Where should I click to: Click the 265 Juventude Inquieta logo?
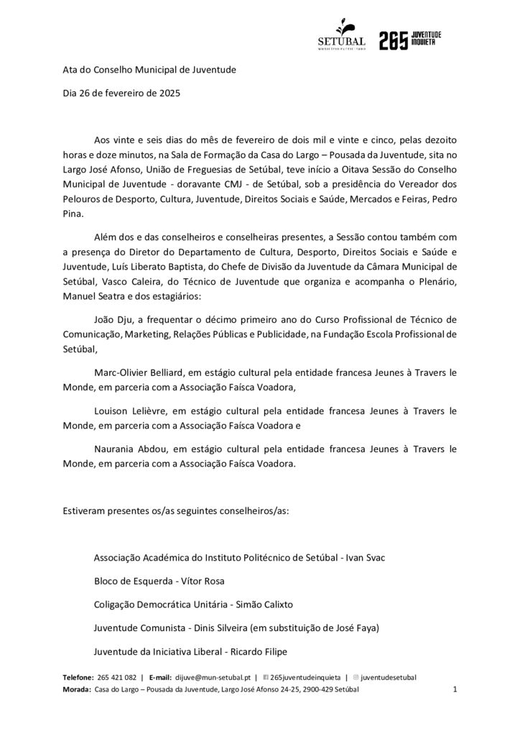410,40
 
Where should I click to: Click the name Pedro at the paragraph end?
443,198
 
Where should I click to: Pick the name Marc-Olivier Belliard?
139,372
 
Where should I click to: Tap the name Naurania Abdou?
128,450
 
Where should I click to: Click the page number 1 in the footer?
455,689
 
